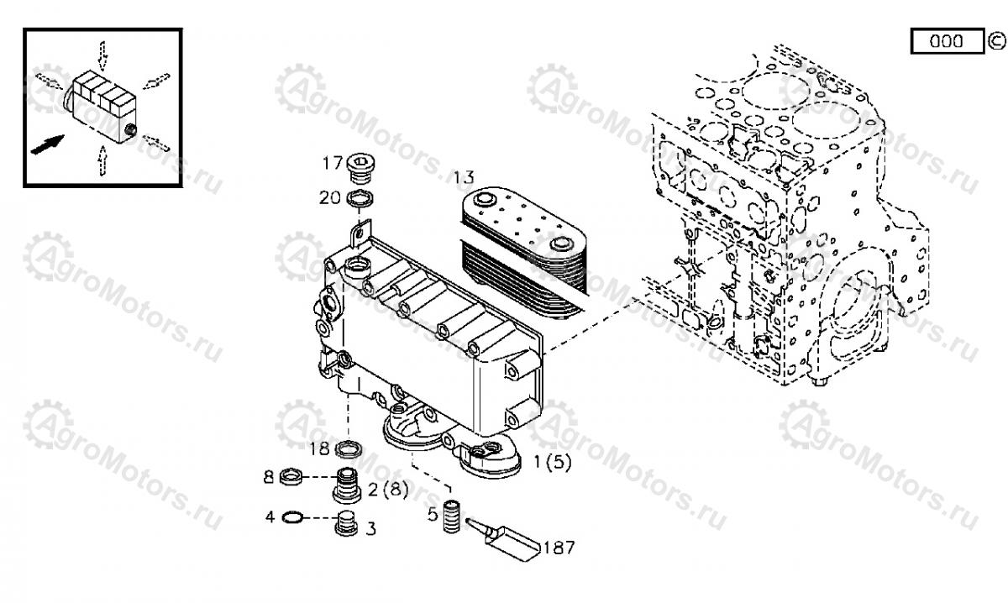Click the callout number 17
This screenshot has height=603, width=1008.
(333, 163)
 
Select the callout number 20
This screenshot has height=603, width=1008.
(330, 197)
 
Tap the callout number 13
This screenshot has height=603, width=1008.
(464, 178)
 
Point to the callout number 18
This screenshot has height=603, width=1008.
(320, 448)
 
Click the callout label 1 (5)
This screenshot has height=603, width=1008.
(552, 462)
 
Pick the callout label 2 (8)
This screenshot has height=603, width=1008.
(388, 489)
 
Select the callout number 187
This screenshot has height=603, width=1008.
(559, 548)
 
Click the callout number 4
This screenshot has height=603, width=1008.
(270, 517)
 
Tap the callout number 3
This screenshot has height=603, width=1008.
(370, 529)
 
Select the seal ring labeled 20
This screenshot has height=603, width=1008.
(360, 198)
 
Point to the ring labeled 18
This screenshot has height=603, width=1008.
(349, 449)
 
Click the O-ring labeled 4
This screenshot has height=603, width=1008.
(292, 518)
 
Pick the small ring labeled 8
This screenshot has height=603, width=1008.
(291, 476)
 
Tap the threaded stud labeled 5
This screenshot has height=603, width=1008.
(451, 516)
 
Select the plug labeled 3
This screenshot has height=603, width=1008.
(346, 524)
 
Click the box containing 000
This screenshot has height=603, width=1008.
(948, 41)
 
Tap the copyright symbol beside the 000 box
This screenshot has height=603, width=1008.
(997, 41)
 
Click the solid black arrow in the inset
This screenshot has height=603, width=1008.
(47, 144)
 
